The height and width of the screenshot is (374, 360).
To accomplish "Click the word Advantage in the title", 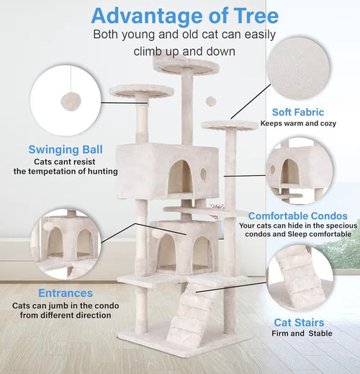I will pyautogui.click(x=141, y=15).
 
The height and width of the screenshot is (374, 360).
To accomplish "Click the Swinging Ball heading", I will pyautogui.click(x=66, y=150).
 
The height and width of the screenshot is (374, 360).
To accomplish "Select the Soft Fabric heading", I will pyautogui.click(x=297, y=112).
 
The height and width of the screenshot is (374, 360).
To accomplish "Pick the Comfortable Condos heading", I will pyautogui.click(x=297, y=215).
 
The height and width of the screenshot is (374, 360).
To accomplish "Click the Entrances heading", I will pyautogui.click(x=66, y=293).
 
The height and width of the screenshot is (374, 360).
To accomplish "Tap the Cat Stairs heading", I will pyautogui.click(x=299, y=323).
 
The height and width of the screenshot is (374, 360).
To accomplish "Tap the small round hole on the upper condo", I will pyautogui.click(x=204, y=174).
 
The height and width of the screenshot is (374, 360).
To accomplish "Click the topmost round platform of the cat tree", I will pyautogui.click(x=186, y=66).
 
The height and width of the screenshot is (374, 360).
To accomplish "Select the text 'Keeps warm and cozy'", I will pyautogui.click(x=297, y=124).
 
